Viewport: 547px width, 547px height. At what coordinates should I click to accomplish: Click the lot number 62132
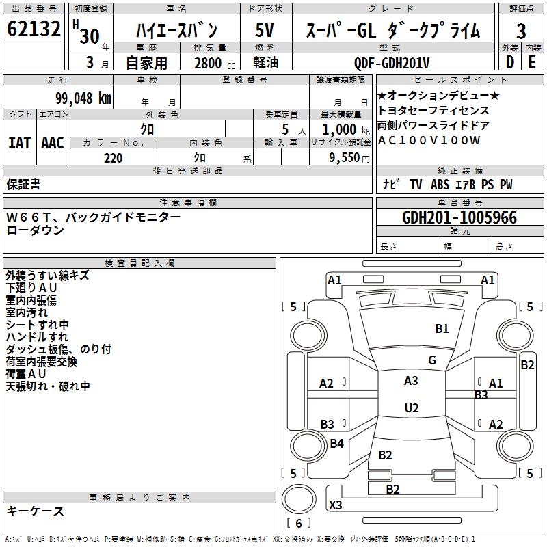[34, 29]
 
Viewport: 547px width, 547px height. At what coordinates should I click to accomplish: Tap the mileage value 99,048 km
[83, 98]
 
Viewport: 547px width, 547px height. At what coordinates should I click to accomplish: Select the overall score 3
[521, 31]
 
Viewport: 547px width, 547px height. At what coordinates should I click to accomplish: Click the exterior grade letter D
[510, 62]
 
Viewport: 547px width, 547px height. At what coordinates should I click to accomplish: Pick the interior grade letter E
[532, 62]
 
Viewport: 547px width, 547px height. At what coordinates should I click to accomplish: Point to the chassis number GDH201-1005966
[459, 217]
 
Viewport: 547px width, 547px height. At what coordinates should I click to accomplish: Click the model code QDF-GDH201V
[391, 63]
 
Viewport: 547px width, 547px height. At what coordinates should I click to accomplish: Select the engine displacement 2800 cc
[215, 63]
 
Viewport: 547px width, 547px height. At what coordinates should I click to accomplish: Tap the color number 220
[113, 158]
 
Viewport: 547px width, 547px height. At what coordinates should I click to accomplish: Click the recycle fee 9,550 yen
[349, 158]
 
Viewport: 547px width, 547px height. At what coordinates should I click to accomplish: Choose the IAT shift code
[19, 143]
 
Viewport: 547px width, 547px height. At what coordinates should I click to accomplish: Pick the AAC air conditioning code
[53, 143]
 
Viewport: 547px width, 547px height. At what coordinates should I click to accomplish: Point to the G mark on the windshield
[432, 360]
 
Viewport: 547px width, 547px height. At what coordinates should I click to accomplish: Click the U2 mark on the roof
[412, 408]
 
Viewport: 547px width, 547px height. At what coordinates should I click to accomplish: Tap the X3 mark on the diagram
[335, 505]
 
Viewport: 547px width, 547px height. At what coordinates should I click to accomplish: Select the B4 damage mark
[336, 443]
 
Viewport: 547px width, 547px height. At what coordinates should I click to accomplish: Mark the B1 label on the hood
[442, 328]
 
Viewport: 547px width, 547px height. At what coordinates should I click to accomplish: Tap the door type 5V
[265, 30]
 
